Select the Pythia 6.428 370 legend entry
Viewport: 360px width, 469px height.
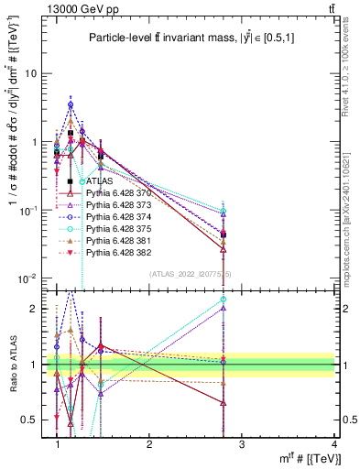point(118,194)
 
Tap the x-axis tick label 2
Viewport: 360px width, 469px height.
point(149,444)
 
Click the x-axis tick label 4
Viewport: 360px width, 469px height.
point(334,444)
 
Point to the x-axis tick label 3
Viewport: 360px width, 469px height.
point(242,444)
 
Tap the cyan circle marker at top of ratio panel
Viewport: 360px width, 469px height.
point(224,300)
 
